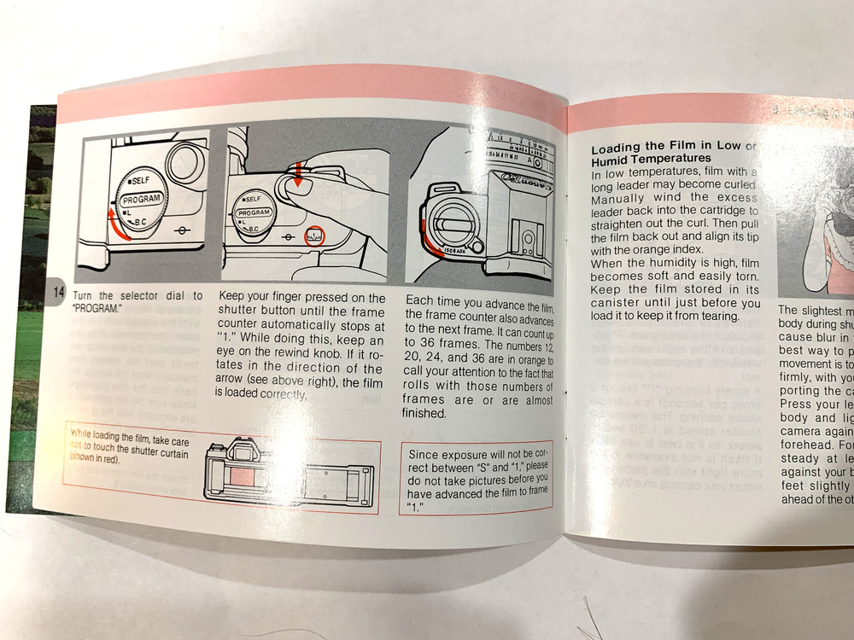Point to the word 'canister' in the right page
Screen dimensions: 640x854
[621, 304]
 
